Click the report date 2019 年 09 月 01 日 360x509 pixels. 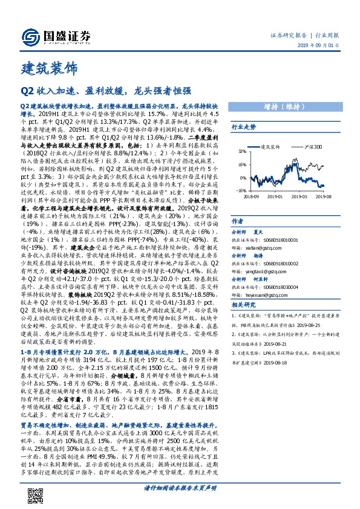[x=320, y=46]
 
